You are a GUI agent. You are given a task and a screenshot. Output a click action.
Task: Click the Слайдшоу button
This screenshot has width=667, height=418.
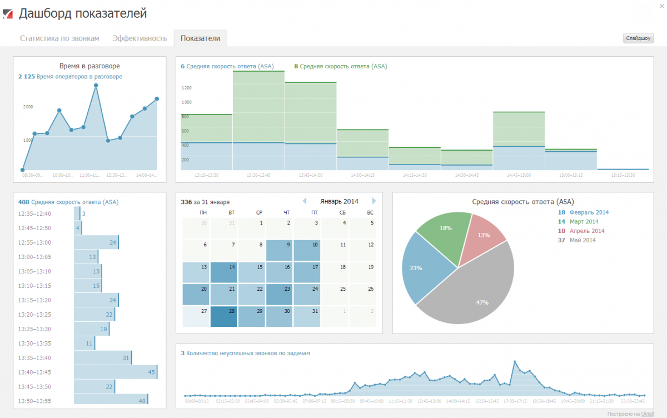click(639, 38)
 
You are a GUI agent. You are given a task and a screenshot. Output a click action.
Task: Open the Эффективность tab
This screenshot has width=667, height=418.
click(140, 38)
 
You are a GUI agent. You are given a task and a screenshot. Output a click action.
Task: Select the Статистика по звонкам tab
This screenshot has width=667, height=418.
click(59, 38)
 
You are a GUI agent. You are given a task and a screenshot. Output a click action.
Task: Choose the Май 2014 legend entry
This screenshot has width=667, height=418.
click(583, 240)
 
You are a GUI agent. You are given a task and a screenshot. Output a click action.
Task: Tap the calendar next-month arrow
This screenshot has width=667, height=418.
click(374, 201)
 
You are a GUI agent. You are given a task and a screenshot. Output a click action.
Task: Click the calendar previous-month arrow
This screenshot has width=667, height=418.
click(304, 201)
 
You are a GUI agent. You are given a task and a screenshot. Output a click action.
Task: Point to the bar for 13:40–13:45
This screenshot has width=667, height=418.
click(115, 372)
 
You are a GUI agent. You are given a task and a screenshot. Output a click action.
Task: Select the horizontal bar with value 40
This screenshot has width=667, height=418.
click(111, 401)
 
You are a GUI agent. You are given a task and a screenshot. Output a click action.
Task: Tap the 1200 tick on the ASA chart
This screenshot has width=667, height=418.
click(186, 88)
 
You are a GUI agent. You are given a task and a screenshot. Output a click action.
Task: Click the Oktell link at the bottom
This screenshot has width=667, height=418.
click(647, 414)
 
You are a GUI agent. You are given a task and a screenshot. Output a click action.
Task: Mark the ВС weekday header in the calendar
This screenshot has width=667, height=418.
click(370, 212)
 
